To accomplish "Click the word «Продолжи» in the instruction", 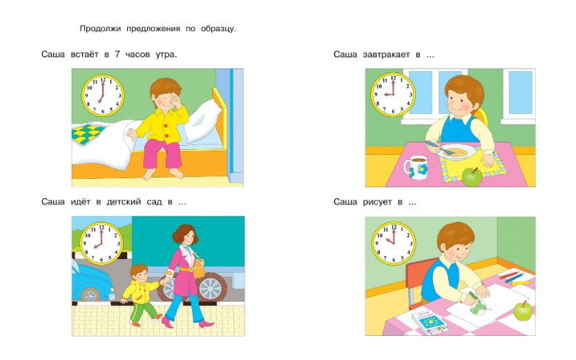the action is click(100, 28).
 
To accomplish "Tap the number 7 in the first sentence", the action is click(117, 55).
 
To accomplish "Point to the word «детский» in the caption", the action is click(124, 202).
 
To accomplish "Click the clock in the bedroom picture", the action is click(103, 95).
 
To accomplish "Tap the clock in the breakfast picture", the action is click(393, 95).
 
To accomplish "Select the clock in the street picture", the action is click(102, 243).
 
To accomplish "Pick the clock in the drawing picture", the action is click(394, 243).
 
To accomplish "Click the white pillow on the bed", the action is click(204, 122).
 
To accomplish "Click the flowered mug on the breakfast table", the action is click(416, 167).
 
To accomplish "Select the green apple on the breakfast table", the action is click(472, 177).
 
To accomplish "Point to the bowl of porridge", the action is click(456, 151).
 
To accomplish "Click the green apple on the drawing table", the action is click(523, 311).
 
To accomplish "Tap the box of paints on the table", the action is click(429, 323).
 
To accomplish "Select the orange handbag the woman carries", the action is click(199, 269).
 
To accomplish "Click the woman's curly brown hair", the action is click(186, 234).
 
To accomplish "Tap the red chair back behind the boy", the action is click(416, 279).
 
